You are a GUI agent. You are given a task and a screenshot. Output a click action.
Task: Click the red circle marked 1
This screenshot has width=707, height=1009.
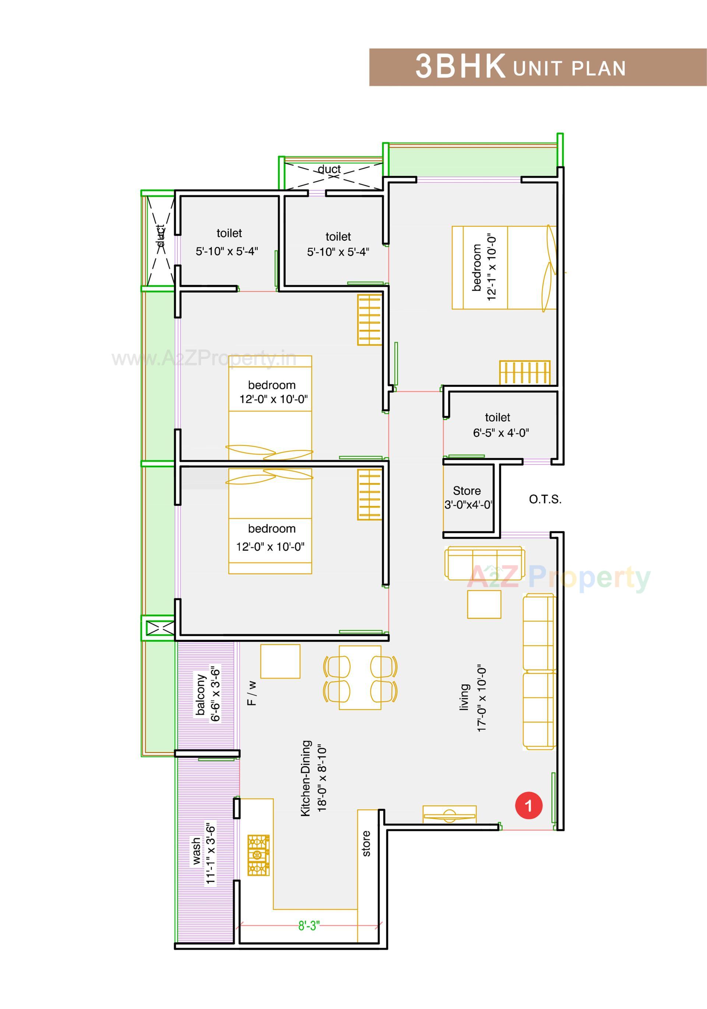pyautogui.click(x=528, y=806)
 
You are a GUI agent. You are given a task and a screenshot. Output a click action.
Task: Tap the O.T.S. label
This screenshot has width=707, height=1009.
pyautogui.click(x=545, y=499)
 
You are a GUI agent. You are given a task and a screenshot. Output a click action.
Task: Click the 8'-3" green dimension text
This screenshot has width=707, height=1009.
pyautogui.click(x=309, y=926)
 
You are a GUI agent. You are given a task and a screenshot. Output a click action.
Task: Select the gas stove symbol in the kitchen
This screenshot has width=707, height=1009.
pyautogui.click(x=258, y=855)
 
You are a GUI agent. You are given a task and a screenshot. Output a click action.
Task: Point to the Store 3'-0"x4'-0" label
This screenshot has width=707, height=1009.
pyautogui.click(x=467, y=498)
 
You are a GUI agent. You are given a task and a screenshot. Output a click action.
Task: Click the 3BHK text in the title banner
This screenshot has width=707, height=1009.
pyautogui.click(x=460, y=67)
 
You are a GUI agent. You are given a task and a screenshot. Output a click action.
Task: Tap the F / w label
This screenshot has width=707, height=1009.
pyautogui.click(x=252, y=693)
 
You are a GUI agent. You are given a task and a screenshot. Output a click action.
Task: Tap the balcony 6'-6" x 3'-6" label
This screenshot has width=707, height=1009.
pyautogui.click(x=208, y=694)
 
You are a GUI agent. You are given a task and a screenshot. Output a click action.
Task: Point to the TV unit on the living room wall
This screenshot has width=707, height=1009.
pyautogui.click(x=449, y=815)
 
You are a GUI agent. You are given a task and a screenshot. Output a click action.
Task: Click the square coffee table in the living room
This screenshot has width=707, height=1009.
pyautogui.click(x=483, y=605)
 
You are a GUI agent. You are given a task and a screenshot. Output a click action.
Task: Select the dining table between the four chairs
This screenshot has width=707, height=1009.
pyautogui.click(x=360, y=677)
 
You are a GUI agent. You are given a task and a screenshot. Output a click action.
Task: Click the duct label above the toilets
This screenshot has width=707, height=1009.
pyautogui.click(x=329, y=169)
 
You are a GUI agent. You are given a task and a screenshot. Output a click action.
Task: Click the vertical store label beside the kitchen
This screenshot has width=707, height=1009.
pyautogui.click(x=366, y=843)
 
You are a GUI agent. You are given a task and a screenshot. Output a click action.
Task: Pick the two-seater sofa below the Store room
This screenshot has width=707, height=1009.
pyautogui.click(x=485, y=563)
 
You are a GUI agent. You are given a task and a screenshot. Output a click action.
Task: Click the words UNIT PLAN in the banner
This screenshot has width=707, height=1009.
pyautogui.click(x=569, y=68)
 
